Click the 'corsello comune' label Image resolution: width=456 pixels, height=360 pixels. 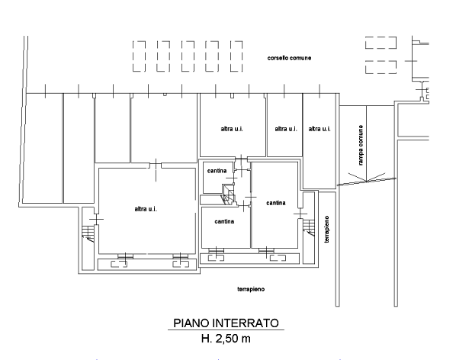point(289,58)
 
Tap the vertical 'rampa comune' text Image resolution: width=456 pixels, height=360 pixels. point(361,145)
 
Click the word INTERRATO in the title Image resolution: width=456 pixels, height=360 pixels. point(246,323)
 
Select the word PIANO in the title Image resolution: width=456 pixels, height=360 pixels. point(191,323)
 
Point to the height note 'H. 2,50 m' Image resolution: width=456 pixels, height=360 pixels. point(226,339)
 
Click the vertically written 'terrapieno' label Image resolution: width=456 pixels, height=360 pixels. point(327,229)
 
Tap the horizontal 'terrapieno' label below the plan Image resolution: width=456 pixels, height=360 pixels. point(251,289)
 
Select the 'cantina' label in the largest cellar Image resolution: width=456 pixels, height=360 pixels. point(276,203)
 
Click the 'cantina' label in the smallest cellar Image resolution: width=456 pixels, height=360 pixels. point(217,171)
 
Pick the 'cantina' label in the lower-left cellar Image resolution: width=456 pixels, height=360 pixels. point(224,222)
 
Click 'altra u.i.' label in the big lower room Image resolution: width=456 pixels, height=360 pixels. point(146,209)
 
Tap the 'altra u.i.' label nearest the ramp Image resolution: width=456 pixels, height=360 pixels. point(320,129)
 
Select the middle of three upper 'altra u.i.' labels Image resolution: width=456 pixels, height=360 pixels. point(286,129)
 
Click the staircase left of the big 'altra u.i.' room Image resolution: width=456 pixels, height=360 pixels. point(88,233)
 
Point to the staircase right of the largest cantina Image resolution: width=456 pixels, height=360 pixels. point(309,228)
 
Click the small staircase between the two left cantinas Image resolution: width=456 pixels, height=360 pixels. point(229,194)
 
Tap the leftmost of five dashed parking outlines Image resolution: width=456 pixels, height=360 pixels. point(139,56)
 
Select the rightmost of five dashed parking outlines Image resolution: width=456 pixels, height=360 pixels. point(236,56)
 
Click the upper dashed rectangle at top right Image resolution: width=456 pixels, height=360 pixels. point(381,43)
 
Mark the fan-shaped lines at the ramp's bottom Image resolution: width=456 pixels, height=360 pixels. point(367,178)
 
